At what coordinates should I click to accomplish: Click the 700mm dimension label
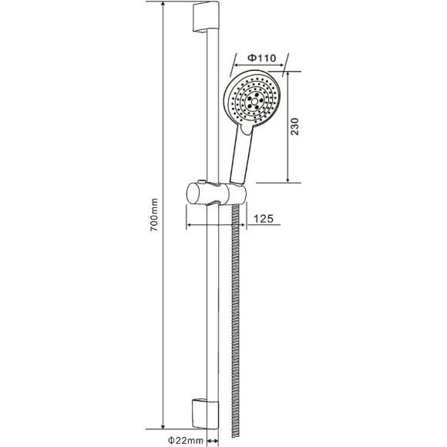[x=153, y=215]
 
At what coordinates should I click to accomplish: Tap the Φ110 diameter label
[x=262, y=58]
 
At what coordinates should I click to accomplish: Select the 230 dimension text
[x=294, y=126]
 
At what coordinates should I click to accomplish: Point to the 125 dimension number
[x=264, y=219]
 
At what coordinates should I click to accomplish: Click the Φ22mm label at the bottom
[x=185, y=440]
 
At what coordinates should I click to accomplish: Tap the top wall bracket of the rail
[x=206, y=16]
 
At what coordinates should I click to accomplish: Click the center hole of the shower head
[x=254, y=101]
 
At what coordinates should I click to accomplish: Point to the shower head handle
[x=242, y=156]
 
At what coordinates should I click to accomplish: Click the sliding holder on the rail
[x=216, y=193]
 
